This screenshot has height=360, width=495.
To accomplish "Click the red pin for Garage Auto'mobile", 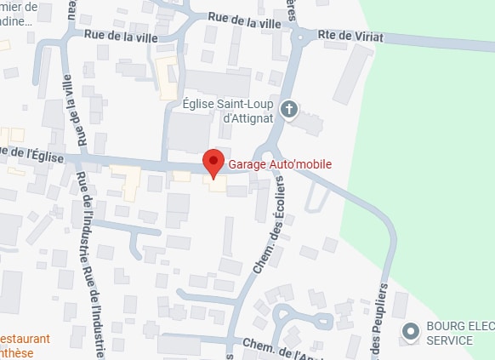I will coord(213,161).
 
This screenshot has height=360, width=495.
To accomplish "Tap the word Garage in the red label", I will coord(247,164).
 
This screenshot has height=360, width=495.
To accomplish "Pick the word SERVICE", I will coord(449,340).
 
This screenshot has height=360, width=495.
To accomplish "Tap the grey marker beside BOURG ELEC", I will coord(411,332).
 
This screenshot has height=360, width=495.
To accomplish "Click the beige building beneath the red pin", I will coord(215,183).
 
